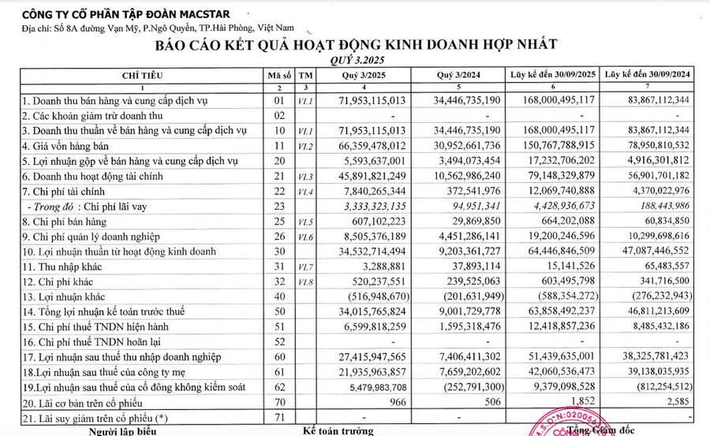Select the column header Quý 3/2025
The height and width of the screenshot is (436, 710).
pyautogui.click(x=362, y=75)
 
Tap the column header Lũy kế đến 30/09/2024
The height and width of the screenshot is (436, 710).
pyautogui.click(x=646, y=75)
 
